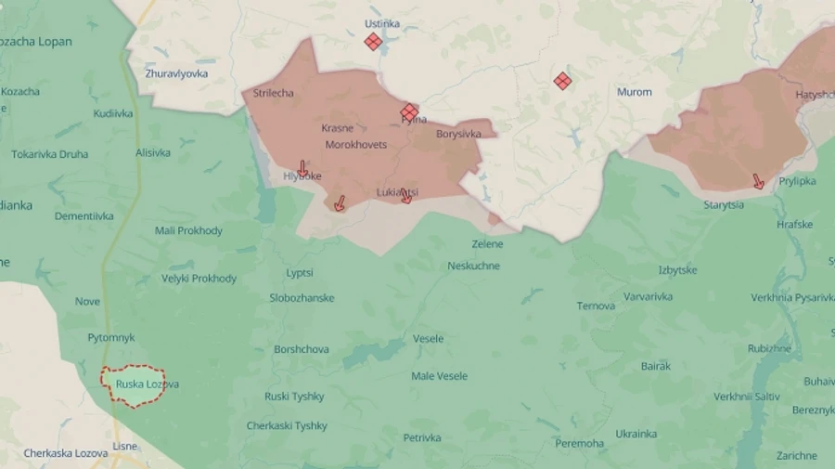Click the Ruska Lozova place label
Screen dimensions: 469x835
[x=148, y=384]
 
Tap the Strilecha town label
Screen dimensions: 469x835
[x=274, y=93]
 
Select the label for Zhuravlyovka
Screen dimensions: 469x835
[x=176, y=73]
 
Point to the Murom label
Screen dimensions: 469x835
[x=635, y=92]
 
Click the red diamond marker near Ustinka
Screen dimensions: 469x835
[x=373, y=42]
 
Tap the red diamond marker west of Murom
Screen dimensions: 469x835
[x=562, y=82]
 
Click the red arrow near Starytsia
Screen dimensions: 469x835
[x=759, y=182]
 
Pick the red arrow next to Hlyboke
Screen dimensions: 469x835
[x=302, y=169]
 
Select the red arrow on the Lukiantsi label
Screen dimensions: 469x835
[x=406, y=196]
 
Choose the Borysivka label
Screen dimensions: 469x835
[x=458, y=134]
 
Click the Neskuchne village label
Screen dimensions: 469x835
[x=473, y=266]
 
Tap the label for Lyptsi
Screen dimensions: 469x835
[x=300, y=273]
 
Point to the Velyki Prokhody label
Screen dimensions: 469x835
[x=199, y=278]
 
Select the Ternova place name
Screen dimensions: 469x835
[x=596, y=306]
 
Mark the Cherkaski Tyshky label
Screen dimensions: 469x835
[x=287, y=425]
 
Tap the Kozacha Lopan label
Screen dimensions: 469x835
[x=36, y=42]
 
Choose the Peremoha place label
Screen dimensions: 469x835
[x=580, y=443]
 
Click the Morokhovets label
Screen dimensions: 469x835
[x=356, y=145]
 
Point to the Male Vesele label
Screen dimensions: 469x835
[x=439, y=376]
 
